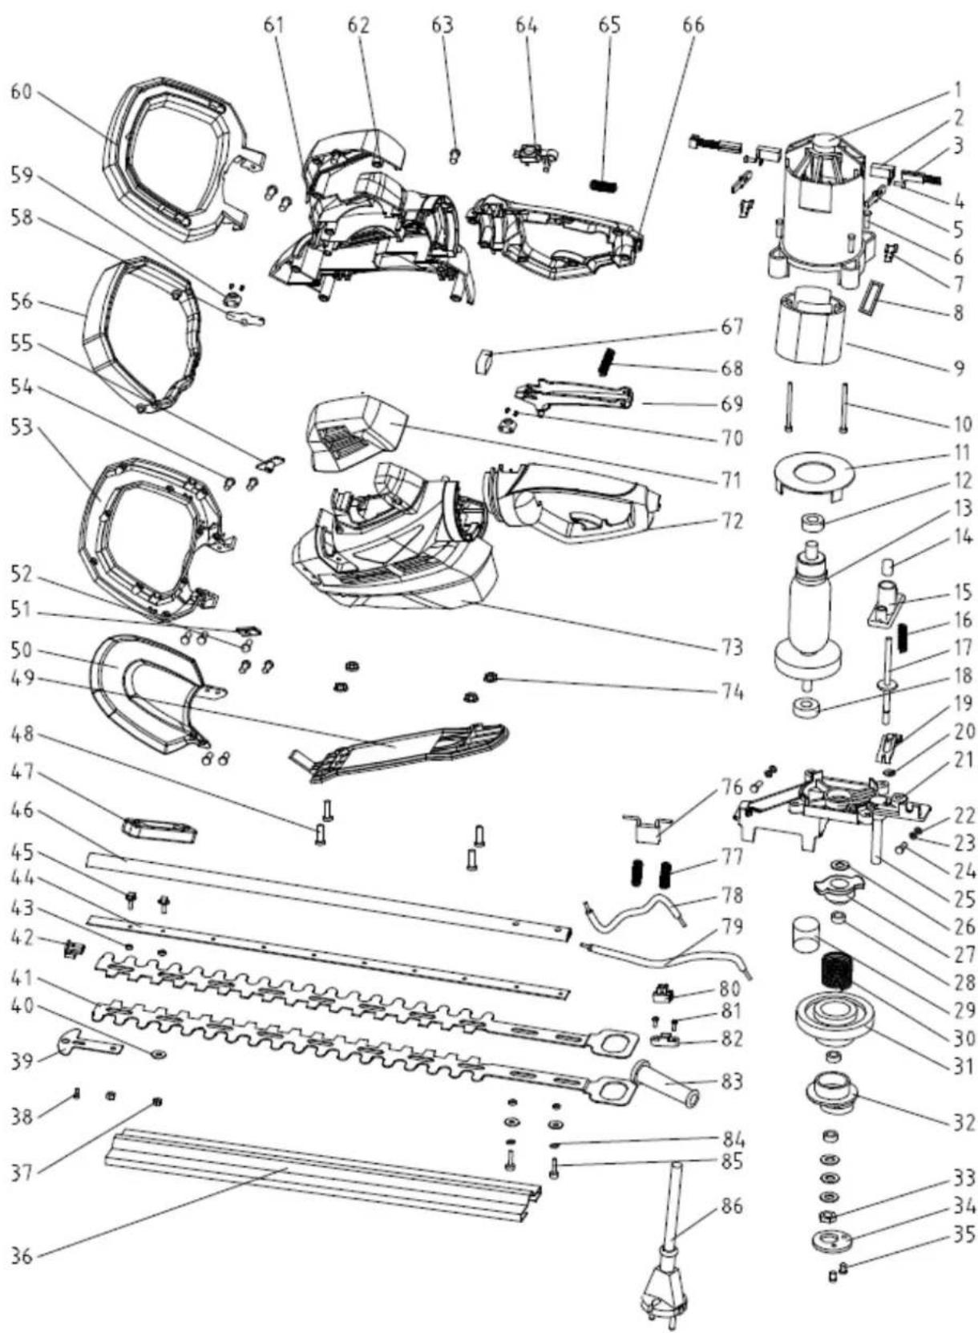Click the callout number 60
pos(25,93)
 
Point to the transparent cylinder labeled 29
pos(807,934)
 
